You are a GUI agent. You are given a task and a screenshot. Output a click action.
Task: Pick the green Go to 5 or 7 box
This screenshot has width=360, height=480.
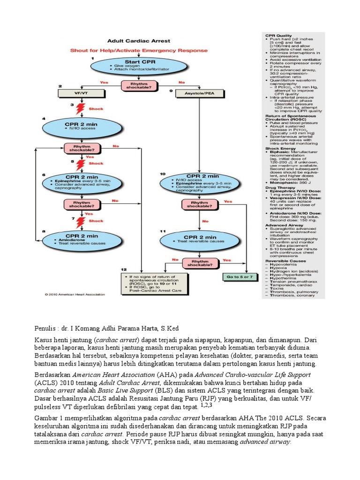240,277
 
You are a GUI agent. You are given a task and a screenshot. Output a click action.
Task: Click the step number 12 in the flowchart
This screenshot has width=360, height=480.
123,270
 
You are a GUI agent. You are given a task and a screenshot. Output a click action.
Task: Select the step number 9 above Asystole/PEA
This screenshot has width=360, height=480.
171,90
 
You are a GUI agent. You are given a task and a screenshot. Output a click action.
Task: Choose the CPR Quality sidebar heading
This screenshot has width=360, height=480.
279,35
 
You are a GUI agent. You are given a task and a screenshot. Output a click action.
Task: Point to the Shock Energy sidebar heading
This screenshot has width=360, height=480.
281,149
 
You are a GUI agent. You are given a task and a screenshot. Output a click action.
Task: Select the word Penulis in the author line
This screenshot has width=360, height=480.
46,328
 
